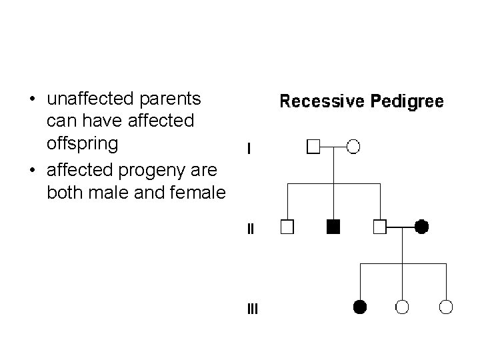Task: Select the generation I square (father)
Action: pyautogui.click(x=313, y=146)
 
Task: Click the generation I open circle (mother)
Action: pyautogui.click(x=354, y=146)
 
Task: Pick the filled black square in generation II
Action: pyautogui.click(x=333, y=227)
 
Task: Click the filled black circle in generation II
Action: pyautogui.click(x=421, y=227)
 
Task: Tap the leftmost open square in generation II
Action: pyautogui.click(x=287, y=227)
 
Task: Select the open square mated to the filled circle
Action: pyautogui.click(x=380, y=227)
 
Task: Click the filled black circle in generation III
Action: pyautogui.click(x=360, y=307)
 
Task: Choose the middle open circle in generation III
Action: pyautogui.click(x=403, y=307)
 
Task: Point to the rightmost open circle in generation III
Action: pyautogui.click(x=447, y=307)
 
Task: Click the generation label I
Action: pyautogui.click(x=249, y=149)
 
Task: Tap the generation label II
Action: pyautogui.click(x=250, y=229)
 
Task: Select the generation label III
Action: pyautogui.click(x=252, y=309)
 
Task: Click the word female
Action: pyautogui.click(x=199, y=193)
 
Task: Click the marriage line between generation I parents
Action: pyautogui.click(x=334, y=146)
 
